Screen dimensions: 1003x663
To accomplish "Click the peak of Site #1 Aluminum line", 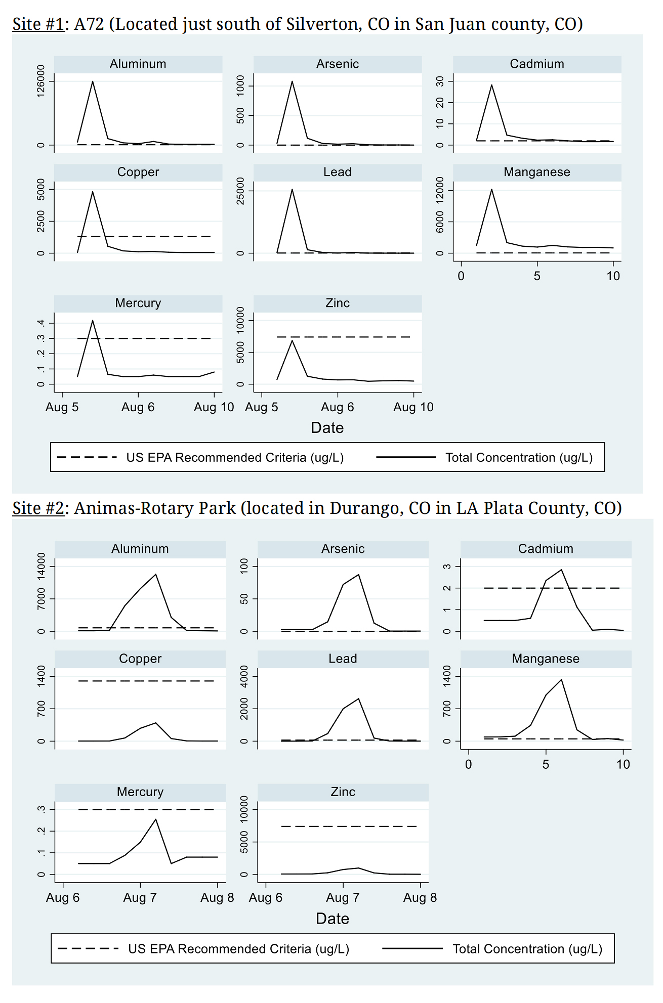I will click(x=93, y=81).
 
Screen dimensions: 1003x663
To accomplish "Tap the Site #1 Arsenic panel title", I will click(x=338, y=64).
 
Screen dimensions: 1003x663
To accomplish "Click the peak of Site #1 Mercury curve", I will click(x=93, y=320).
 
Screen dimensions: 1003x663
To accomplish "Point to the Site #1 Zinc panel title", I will click(x=338, y=303).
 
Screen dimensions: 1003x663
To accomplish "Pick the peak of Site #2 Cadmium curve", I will click(x=561, y=570).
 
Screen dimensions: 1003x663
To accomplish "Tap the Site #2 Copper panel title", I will click(x=140, y=659).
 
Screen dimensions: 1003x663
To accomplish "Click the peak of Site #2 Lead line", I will click(x=358, y=699).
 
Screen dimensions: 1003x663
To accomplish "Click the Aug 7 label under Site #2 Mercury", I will click(x=140, y=898).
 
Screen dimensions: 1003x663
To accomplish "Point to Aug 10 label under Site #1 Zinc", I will click(x=413, y=407).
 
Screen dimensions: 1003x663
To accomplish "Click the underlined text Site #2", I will click(x=38, y=508).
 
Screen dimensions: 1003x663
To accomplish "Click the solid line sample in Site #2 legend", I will click(x=412, y=948).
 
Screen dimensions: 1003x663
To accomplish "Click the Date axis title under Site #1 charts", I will click(x=327, y=428).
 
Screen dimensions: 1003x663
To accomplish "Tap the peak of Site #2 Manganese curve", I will click(x=561, y=679).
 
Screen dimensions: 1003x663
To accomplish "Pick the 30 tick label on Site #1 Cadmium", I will click(x=441, y=81).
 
